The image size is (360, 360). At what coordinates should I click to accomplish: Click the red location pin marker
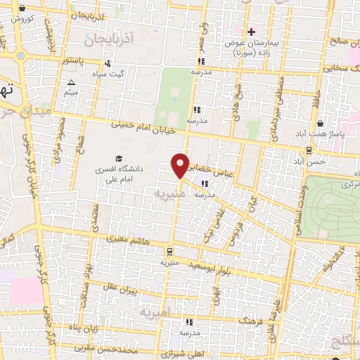pyautogui.click(x=181, y=165)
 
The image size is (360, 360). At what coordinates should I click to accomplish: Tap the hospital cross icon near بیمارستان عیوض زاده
pyautogui.click(x=251, y=31)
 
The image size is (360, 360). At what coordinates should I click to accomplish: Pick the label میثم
pyautogui.click(x=71, y=92)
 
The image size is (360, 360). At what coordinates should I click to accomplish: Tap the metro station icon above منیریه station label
pyautogui.click(x=169, y=250)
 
